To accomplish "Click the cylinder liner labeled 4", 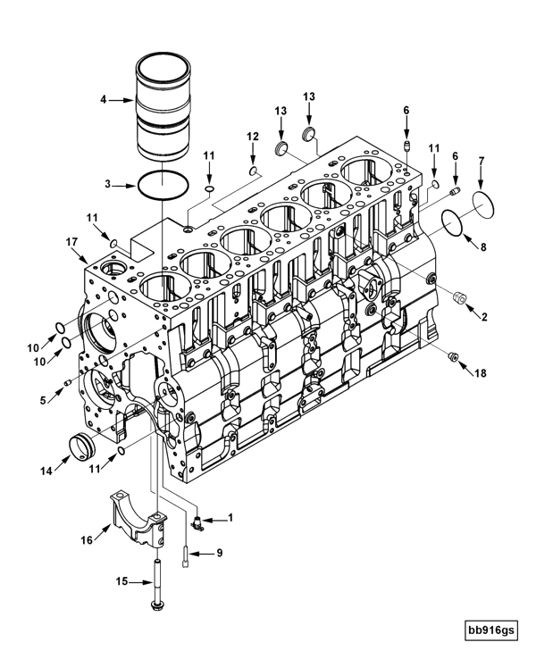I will click(165, 105).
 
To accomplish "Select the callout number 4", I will click(104, 100).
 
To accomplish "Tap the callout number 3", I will click(107, 184).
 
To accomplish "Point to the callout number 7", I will click(482, 161).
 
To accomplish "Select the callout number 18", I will click(482, 372).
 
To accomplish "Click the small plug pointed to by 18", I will click(453, 358).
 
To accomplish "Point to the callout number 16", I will click(87, 539).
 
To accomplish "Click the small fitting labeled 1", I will click(198, 521).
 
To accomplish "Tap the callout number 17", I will click(69, 240).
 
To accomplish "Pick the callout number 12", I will click(253, 136).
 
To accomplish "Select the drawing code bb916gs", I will click(490, 630).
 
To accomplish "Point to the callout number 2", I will click(483, 315).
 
